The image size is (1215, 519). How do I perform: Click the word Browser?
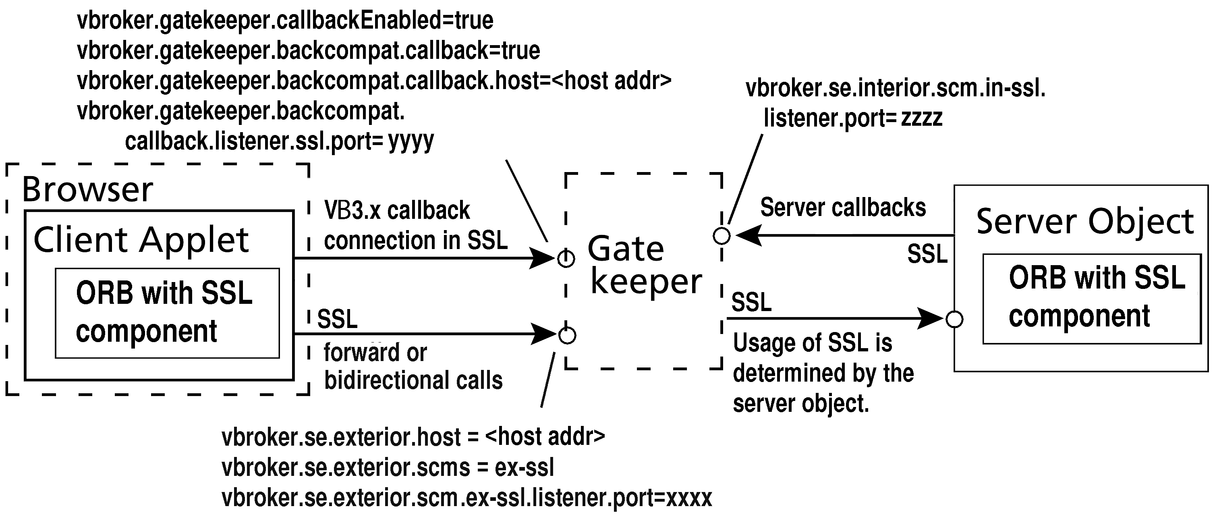click(x=88, y=190)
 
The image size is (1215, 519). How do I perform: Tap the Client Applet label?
click(x=141, y=240)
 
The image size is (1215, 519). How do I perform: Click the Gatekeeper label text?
click(x=644, y=265)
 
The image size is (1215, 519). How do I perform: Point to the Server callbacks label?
click(x=843, y=208)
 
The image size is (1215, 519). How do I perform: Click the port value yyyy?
click(x=411, y=141)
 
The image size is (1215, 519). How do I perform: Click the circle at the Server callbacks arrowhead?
click(x=722, y=235)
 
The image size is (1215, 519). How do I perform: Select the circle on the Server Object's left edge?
click(x=955, y=320)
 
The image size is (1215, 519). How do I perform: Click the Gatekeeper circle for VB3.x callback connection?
click(x=566, y=259)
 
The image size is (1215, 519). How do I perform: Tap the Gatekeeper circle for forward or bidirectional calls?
click(x=567, y=336)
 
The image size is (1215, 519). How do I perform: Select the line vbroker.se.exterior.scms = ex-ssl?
click(x=388, y=467)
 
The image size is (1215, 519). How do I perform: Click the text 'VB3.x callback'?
click(x=397, y=210)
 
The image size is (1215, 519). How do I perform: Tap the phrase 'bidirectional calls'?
click(x=413, y=380)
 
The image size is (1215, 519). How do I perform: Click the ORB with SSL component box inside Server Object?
click(x=1091, y=298)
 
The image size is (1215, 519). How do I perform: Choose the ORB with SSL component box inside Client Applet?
click(x=167, y=313)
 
